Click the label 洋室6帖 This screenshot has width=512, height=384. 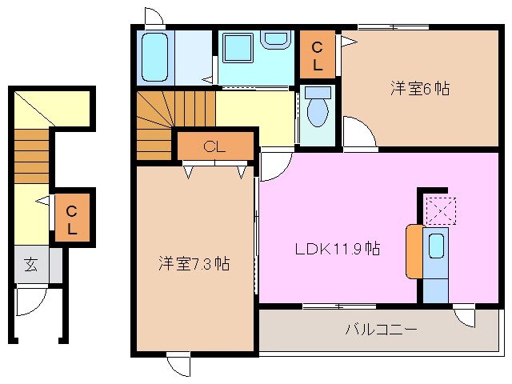(x=419, y=89)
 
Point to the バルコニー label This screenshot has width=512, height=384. (x=381, y=329)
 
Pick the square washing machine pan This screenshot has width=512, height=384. (x=238, y=49)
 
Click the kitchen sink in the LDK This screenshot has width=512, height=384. (x=436, y=246)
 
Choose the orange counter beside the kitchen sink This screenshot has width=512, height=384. (x=414, y=251)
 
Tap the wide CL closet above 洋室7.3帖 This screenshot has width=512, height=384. (x=214, y=146)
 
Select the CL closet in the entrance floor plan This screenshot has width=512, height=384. (x=72, y=220)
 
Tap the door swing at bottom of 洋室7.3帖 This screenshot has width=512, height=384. (x=178, y=364)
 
